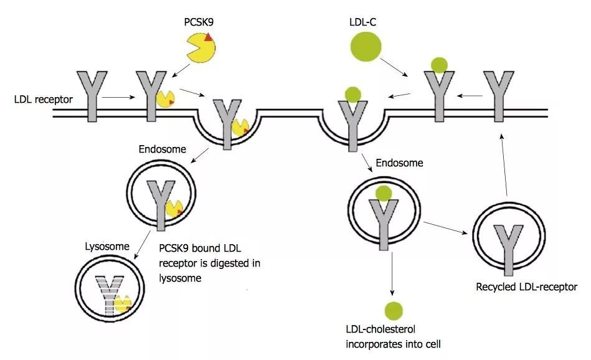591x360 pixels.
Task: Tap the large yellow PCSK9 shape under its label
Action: click(201, 48)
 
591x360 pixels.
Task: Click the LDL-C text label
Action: click(362, 21)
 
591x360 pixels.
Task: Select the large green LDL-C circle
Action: click(365, 47)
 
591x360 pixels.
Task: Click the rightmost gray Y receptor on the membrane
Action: click(498, 94)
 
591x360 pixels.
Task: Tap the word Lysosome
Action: click(107, 246)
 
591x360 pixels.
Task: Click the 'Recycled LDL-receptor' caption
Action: click(526, 287)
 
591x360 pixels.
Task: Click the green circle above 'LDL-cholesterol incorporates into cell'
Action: click(393, 310)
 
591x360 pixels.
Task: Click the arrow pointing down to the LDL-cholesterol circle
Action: click(392, 274)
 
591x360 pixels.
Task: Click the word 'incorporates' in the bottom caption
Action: click(371, 343)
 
